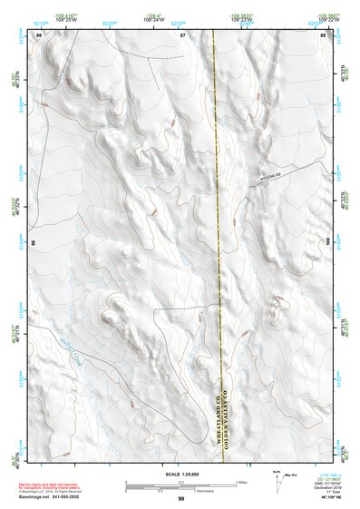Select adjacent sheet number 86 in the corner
(38, 34)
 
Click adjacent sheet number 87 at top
(181, 34)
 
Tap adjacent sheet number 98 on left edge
(34, 243)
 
